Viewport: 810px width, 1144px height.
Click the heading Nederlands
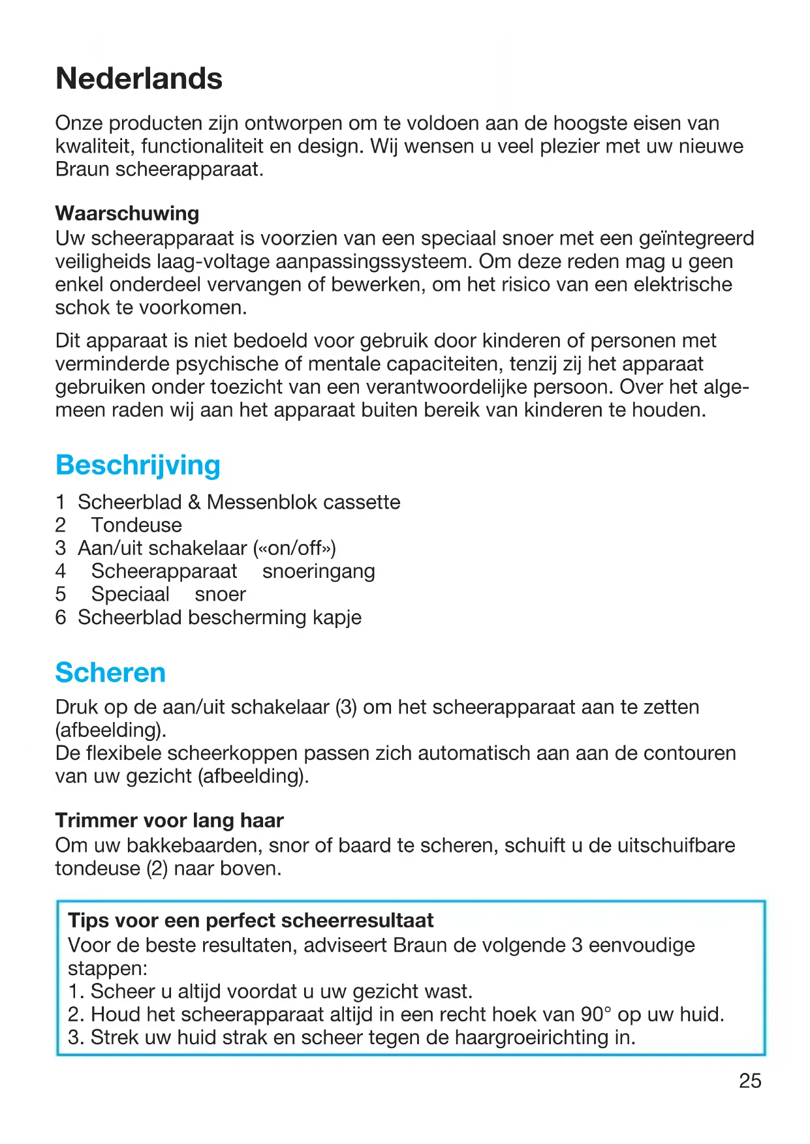(x=139, y=79)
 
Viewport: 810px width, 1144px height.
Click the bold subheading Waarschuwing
(x=127, y=213)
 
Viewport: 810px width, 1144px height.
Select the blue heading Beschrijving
(x=138, y=465)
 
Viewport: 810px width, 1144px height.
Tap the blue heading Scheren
(x=110, y=672)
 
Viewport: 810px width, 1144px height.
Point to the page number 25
(x=750, y=1081)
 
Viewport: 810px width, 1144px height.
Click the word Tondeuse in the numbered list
(x=136, y=525)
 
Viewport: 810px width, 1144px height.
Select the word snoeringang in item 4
(x=319, y=571)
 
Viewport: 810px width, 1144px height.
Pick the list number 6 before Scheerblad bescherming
(x=61, y=617)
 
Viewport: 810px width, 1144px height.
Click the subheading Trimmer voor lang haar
(x=169, y=820)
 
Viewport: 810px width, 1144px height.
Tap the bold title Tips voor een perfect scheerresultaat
(x=251, y=920)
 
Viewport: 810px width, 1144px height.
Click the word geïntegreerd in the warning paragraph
(x=699, y=238)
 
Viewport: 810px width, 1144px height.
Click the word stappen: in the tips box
(x=108, y=969)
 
